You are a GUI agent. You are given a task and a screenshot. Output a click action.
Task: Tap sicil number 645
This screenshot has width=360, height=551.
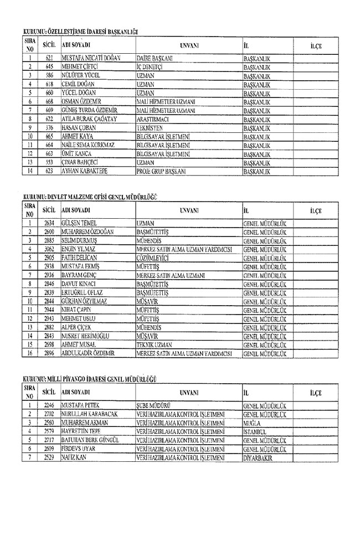tap(49, 66)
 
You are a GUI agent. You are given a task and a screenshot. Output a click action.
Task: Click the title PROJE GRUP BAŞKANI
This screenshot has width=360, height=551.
tap(161, 171)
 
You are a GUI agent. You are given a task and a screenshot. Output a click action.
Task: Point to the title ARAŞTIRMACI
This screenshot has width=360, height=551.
tap(153, 119)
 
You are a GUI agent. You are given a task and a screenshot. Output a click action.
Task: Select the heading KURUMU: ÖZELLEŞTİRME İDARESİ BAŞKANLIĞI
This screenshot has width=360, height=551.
tap(80, 32)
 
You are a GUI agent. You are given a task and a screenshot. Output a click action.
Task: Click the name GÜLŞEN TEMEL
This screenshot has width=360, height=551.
tap(81, 223)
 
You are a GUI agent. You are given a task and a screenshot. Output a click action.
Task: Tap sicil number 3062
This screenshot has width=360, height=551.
tap(49, 249)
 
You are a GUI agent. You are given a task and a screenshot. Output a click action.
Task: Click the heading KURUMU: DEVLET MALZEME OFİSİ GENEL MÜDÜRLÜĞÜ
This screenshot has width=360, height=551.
tap(86, 197)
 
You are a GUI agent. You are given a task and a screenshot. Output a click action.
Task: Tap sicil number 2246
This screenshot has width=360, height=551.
tap(49, 405)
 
